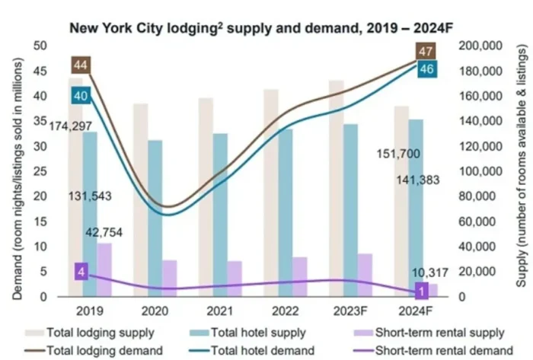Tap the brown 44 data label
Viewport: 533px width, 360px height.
click(x=81, y=65)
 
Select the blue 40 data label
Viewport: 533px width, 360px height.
click(x=81, y=96)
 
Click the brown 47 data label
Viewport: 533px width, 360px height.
click(x=426, y=53)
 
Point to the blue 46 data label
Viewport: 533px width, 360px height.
click(x=427, y=69)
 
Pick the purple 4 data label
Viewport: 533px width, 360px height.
click(x=81, y=272)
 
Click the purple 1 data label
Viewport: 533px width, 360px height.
click(x=420, y=290)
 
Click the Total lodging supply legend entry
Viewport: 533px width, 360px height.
click(x=100, y=333)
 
